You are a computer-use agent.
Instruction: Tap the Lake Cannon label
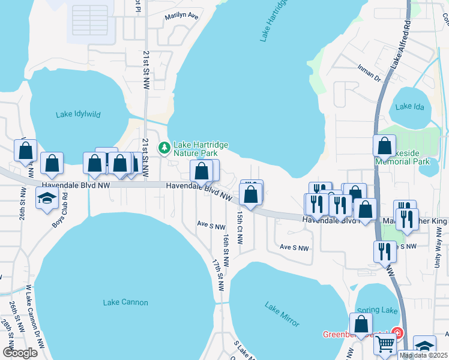tap(125, 302)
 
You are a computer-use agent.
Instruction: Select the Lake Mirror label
tap(282, 314)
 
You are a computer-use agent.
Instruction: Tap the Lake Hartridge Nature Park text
tap(195, 149)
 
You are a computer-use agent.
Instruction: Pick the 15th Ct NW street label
tap(240, 227)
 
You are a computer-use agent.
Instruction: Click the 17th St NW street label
tap(218, 275)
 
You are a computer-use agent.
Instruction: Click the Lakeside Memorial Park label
tap(403, 157)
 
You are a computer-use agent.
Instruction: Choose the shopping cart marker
tap(385, 344)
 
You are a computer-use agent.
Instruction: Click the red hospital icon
tap(396, 332)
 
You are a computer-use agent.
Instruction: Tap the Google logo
tap(20, 352)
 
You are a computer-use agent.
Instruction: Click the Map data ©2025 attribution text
tap(424, 355)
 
